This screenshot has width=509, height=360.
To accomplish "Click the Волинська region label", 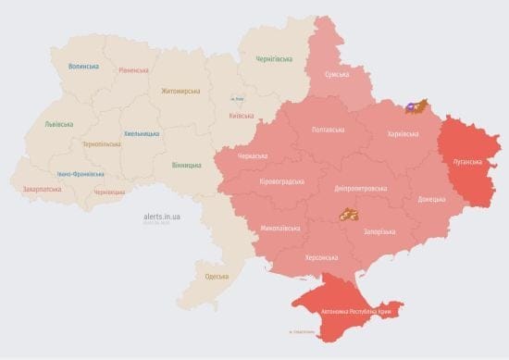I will coord(84,67).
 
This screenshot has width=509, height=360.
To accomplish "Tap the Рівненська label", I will coord(135,70).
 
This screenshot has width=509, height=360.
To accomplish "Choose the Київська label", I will coord(242,116).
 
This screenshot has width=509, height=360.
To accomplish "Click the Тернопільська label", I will coord(103,144).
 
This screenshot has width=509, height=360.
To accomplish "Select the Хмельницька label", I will coord(142,133).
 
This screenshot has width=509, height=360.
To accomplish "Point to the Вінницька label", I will coord(186,165).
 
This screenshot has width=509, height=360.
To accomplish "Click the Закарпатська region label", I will coord(43,190).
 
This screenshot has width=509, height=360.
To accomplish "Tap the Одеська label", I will coord(217,277).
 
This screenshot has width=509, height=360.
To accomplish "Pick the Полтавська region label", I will coord(329,130).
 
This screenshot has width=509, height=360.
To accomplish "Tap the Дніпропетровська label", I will coord(360,188).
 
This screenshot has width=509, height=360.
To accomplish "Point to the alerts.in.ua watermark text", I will coord(162,216).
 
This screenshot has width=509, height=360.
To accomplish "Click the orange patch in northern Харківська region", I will coord(419,108).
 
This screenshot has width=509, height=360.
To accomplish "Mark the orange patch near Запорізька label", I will coord(348,215).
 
